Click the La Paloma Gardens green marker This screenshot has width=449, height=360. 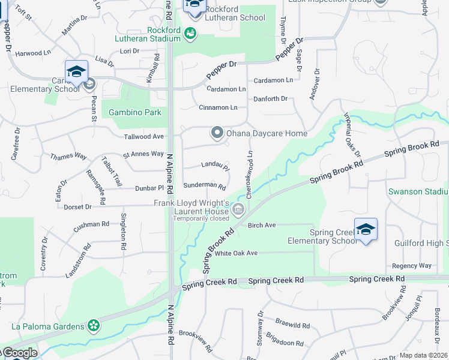coord(94,326)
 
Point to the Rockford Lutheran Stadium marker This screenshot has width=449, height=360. coord(190,33)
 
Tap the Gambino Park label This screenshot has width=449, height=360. coord(127,112)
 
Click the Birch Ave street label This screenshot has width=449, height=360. coord(262,225)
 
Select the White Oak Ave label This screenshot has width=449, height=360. coord(236,253)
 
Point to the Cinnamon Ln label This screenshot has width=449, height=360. coord(218,107)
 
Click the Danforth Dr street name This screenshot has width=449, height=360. coord(270,98)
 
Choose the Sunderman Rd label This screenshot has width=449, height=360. coord(204,186)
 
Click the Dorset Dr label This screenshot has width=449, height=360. coord(74,206)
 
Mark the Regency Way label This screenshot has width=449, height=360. coord(411,265)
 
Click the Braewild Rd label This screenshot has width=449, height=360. coord(290,326)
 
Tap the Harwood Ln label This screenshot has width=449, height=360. coord(33,53)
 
